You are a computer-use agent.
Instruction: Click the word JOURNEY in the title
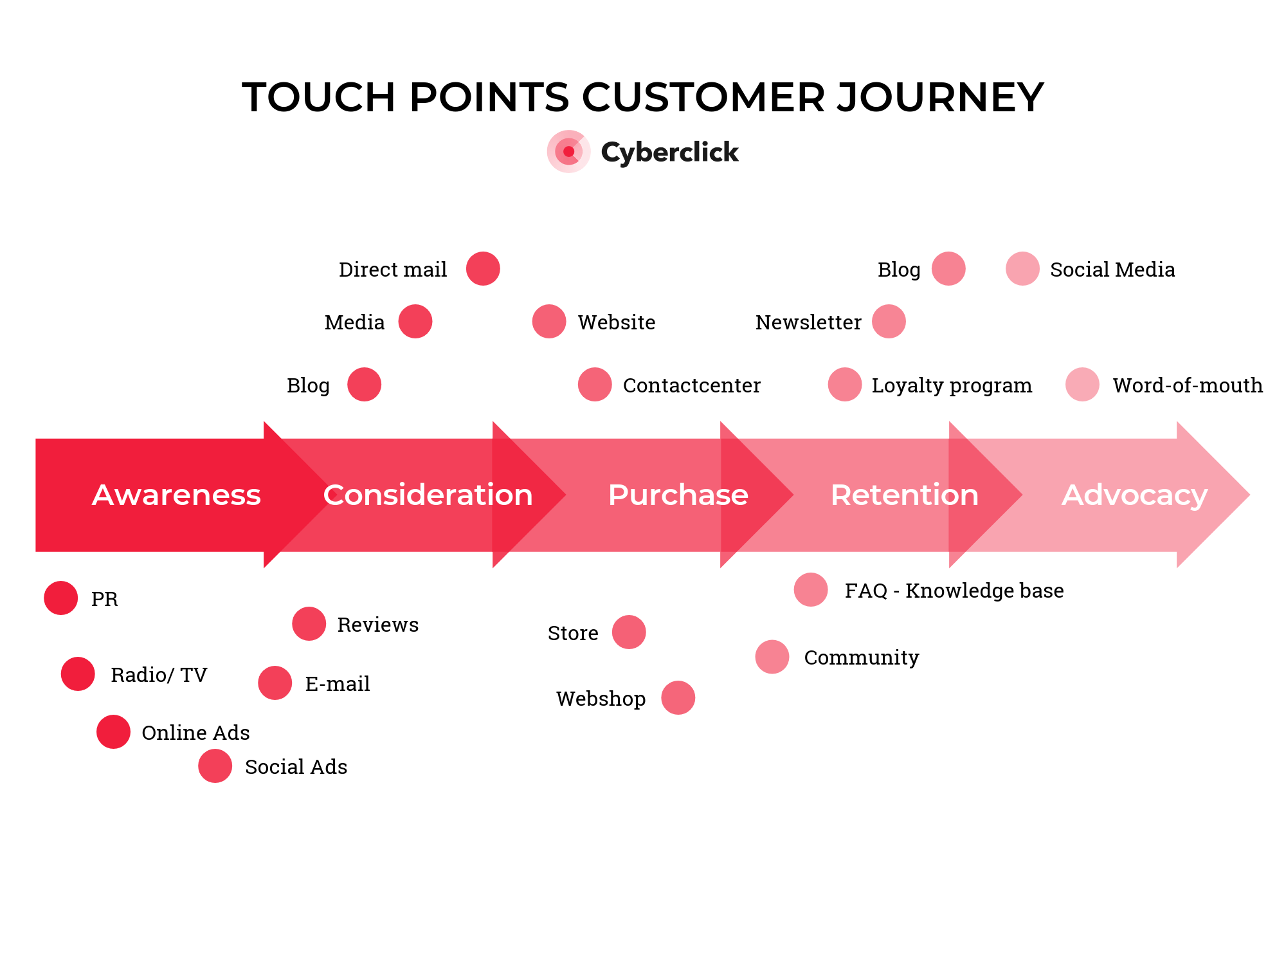pyautogui.click(x=940, y=98)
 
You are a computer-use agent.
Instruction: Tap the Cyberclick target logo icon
pyautogui.click(x=568, y=152)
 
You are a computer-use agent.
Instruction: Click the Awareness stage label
pyautogui.click(x=176, y=495)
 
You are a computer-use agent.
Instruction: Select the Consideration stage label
pyautogui.click(x=428, y=495)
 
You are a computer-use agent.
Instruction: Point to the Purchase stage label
pyautogui.click(x=678, y=495)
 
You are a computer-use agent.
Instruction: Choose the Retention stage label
pyautogui.click(x=904, y=495)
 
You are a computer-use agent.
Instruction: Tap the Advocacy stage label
pyautogui.click(x=1134, y=495)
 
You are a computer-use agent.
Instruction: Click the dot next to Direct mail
pyautogui.click(x=483, y=269)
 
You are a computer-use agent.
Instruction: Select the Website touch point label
pyautogui.click(x=616, y=322)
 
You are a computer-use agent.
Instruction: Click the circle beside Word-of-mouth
pyautogui.click(x=1082, y=385)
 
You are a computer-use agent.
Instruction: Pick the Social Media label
pyautogui.click(x=1112, y=270)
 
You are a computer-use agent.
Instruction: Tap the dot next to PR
pyautogui.click(x=61, y=598)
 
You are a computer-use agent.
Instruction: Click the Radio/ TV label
pyautogui.click(x=159, y=675)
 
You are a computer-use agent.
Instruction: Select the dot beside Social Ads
pyautogui.click(x=215, y=766)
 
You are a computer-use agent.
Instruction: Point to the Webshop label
pyautogui.click(x=601, y=699)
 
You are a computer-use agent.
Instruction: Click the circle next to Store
pyautogui.click(x=629, y=632)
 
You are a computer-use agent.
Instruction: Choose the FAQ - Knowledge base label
pyautogui.click(x=954, y=591)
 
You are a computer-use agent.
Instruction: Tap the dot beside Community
pyautogui.click(x=772, y=657)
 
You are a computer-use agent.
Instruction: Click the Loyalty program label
pyautogui.click(x=951, y=385)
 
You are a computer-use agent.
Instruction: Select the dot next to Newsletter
pyautogui.click(x=889, y=322)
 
